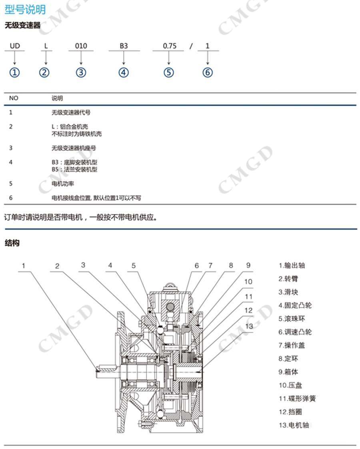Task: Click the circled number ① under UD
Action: coord(15,73)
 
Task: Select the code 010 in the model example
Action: coord(81,46)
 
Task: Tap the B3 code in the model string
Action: coord(124,46)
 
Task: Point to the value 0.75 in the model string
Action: coord(170,46)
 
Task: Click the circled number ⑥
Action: coord(208,73)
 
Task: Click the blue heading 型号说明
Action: coord(25,9)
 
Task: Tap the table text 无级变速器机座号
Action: coord(74,148)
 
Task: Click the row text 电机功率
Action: coord(63,184)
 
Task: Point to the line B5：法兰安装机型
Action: coord(74,170)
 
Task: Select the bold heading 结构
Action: coord(12,243)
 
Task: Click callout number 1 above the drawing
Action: coord(24,265)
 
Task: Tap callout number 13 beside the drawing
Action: coord(249,326)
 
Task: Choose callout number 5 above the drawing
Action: coord(134,265)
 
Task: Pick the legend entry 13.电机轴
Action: coord(294,425)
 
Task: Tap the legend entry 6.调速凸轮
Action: coord(295,332)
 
